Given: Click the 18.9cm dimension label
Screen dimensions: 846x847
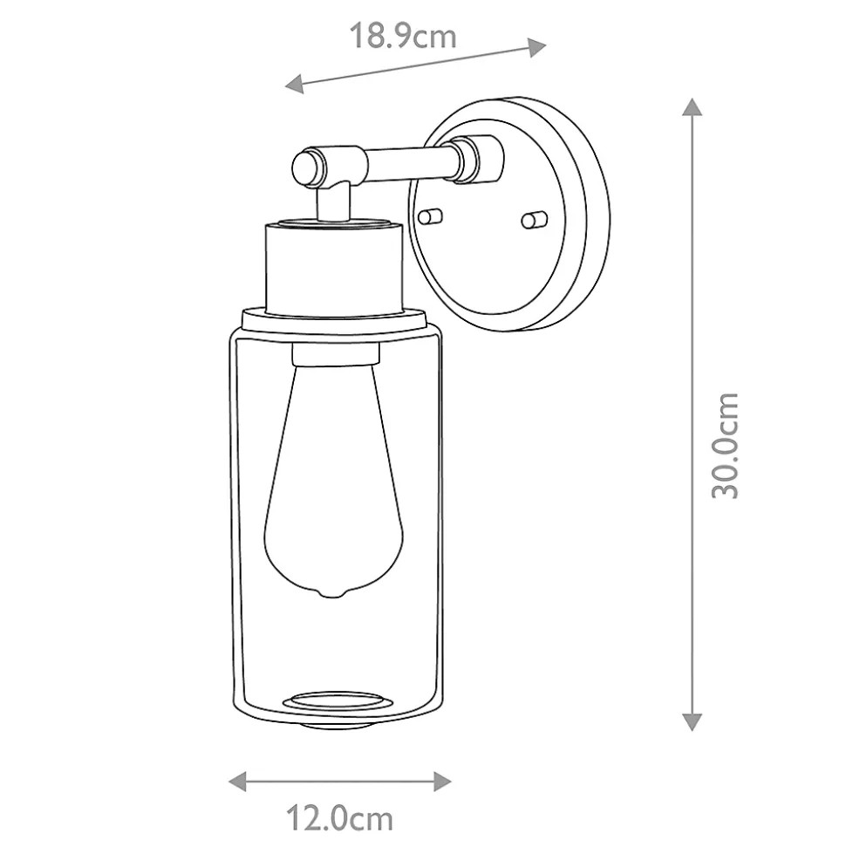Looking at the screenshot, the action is [x=403, y=36].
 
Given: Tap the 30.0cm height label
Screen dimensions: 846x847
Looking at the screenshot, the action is [x=725, y=446].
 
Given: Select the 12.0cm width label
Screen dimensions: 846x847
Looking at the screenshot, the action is [x=339, y=818].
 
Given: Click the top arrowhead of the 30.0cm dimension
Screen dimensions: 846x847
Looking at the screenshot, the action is [x=692, y=107].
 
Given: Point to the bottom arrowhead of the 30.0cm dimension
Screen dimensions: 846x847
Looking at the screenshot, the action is [x=692, y=722].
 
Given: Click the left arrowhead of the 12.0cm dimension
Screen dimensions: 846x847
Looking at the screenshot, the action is [x=238, y=781].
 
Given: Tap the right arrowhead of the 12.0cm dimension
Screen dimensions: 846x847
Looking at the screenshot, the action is [x=442, y=781].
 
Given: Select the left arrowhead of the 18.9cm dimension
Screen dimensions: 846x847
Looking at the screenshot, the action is [x=295, y=84].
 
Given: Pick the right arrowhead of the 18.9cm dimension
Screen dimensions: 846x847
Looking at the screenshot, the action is [x=536, y=47].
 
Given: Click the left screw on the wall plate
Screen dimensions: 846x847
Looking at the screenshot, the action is [x=431, y=216].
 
